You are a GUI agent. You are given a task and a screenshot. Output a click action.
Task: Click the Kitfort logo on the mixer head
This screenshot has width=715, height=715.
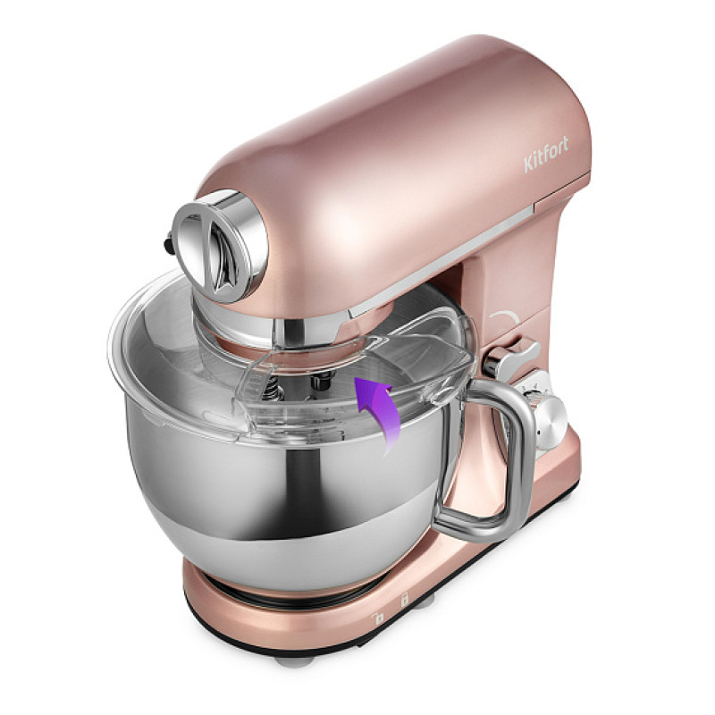click(x=546, y=154)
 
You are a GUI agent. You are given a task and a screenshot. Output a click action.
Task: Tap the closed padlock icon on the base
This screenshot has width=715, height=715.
click(x=404, y=599)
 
